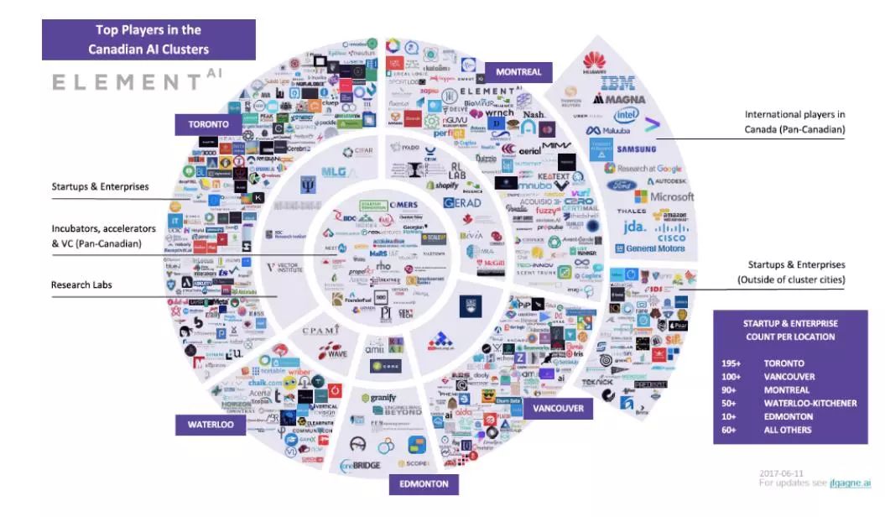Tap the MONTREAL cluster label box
tap(518, 72)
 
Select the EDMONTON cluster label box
tap(424, 484)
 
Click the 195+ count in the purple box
tap(731, 363)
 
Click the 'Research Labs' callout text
tap(82, 285)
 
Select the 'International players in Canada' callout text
tap(794, 122)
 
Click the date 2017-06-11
tap(782, 473)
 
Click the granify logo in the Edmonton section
tap(385, 397)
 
